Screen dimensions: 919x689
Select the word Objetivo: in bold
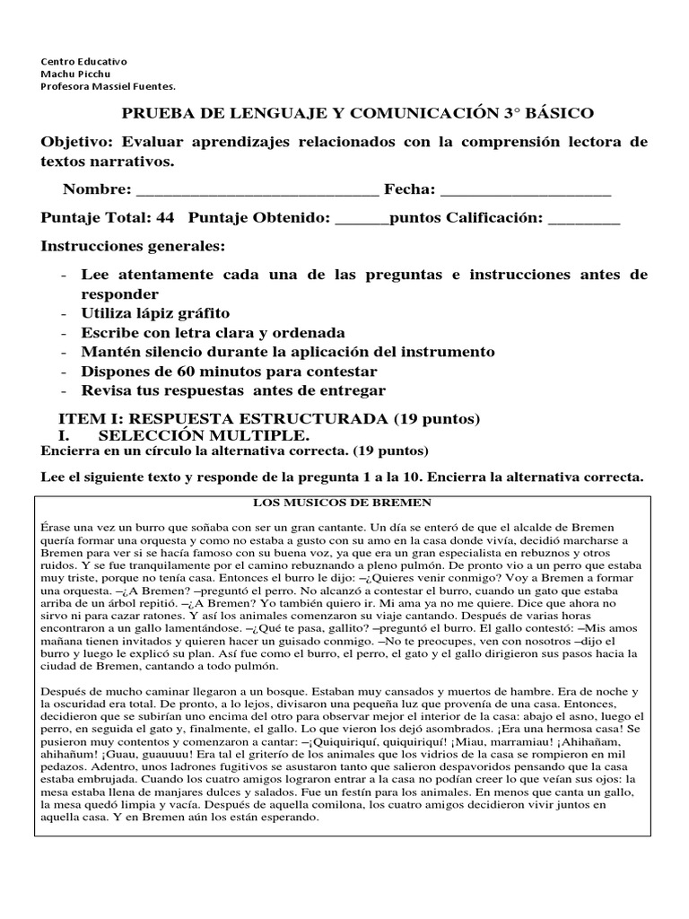tap(82, 143)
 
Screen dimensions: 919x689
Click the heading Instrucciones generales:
tap(134, 246)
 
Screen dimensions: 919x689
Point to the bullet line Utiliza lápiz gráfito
tap(155, 313)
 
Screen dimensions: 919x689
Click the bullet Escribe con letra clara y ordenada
tap(213, 332)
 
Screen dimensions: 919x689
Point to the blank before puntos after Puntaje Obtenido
tap(362, 219)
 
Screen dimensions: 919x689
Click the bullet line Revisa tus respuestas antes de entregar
tap(232, 390)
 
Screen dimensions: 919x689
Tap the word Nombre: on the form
tap(97, 190)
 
